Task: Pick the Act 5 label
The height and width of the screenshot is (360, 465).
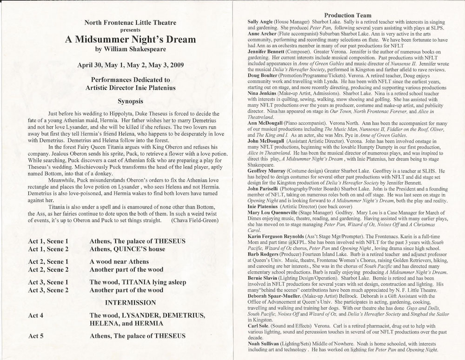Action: (38, 336)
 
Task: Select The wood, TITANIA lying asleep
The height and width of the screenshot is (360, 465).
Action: (138, 282)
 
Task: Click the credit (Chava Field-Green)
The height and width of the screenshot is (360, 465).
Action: (194, 220)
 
